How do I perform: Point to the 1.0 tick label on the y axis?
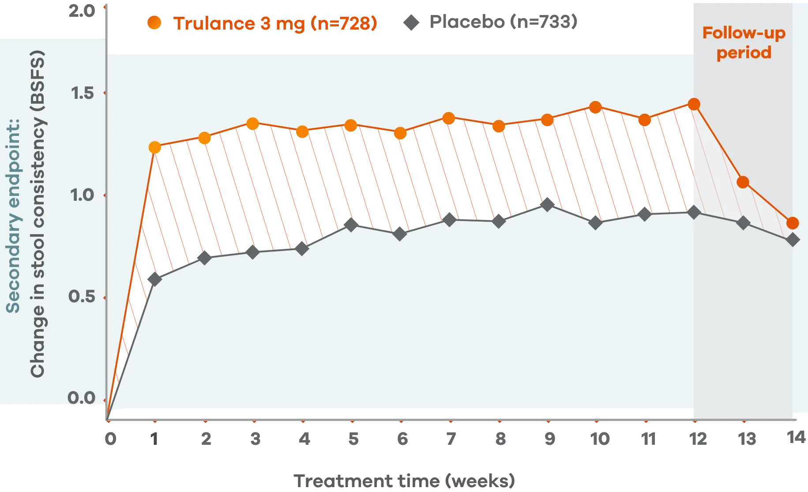pos(83,195)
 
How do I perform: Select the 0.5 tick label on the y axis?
pos(82,296)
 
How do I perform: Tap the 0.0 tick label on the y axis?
pos(82,398)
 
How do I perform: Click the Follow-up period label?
pos(744,43)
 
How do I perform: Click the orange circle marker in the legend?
pos(154,23)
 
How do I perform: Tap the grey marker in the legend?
pos(411,23)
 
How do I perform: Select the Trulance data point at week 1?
pos(154,147)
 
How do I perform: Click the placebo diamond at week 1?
pos(154,279)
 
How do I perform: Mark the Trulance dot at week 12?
pos(694,105)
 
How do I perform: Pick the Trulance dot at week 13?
pos(743,182)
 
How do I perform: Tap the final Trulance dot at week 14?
pos(793,223)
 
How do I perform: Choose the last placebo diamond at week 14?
pos(793,240)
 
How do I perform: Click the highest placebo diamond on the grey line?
pos(547,204)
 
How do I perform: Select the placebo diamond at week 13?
pos(743,222)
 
